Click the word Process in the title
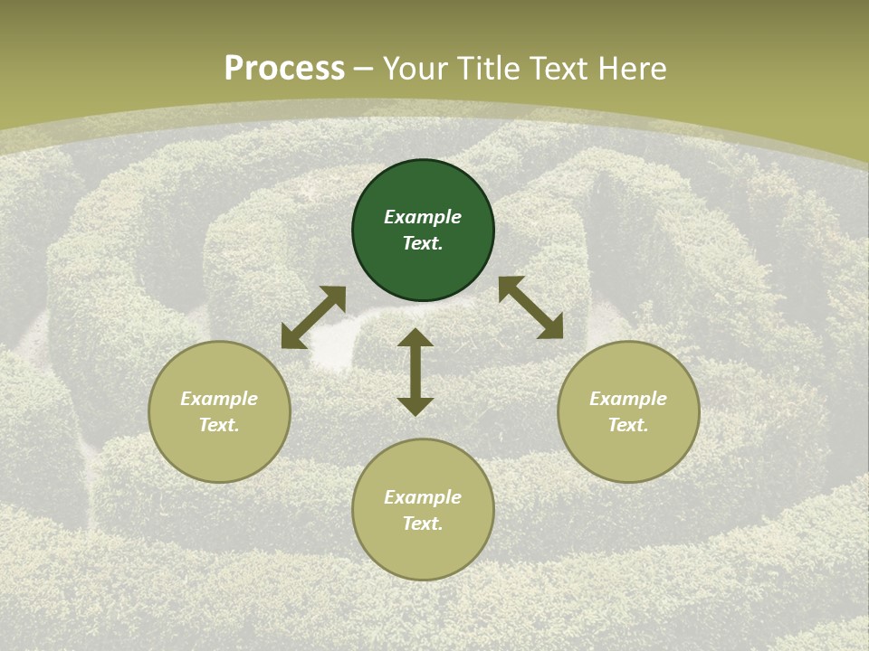click(284, 69)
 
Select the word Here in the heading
click(631, 69)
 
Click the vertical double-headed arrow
click(415, 373)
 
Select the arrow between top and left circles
click(313, 318)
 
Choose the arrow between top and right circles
click(530, 307)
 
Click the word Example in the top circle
click(423, 217)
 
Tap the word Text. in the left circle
click(219, 425)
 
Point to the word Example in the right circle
click(628, 399)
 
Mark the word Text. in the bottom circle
click(423, 524)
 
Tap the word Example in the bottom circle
click(423, 497)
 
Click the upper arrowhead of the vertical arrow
click(415, 336)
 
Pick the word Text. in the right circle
click(628, 425)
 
